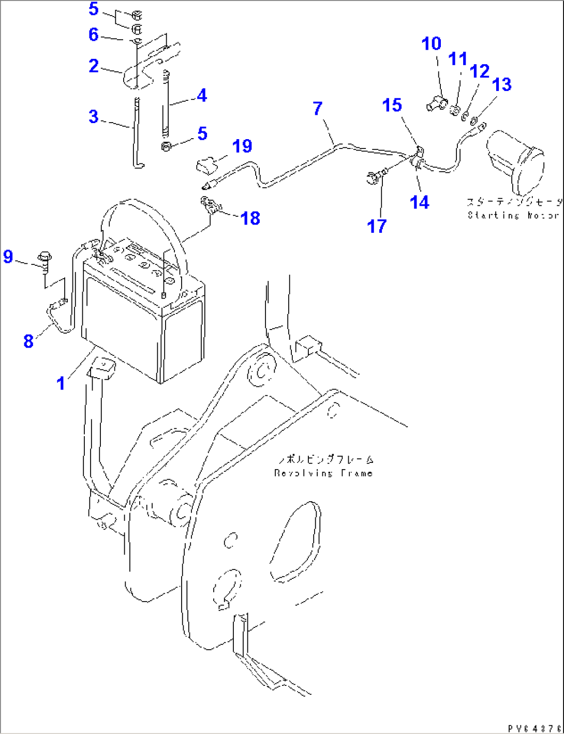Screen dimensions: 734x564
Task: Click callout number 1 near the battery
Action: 61,383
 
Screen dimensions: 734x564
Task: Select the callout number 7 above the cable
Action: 318,109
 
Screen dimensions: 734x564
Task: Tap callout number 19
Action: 242,146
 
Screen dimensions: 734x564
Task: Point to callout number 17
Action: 377,226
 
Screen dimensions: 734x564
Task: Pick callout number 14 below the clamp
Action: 420,202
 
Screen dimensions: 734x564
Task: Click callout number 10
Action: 432,44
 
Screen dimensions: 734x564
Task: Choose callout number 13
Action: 502,84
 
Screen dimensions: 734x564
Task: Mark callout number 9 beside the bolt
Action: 8,257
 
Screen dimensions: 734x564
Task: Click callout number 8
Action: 28,341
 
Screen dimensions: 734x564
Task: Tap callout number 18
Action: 250,218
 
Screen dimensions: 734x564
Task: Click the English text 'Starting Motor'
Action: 513,215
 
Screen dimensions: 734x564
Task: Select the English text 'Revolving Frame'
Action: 323,473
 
